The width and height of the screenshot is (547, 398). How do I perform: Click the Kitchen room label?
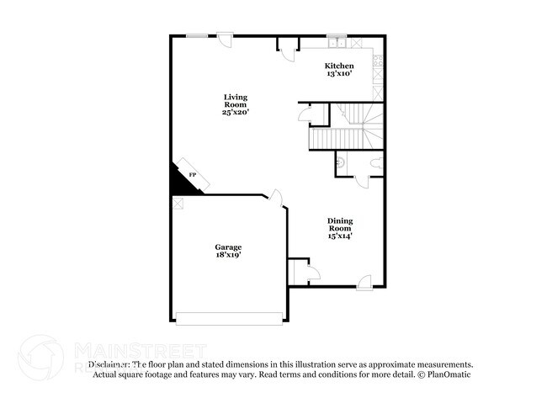[339, 66]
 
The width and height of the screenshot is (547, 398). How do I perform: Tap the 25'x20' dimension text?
[236, 111]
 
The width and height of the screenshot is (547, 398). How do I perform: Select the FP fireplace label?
[192, 175]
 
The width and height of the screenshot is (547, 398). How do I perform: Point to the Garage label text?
[227, 247]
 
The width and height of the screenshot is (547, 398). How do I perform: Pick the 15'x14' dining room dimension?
[340, 236]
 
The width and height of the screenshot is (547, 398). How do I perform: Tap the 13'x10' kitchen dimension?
[339, 74]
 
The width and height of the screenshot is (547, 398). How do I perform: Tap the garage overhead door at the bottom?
[229, 318]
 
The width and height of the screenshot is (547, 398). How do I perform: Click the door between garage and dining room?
[276, 199]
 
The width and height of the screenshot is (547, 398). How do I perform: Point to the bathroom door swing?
[359, 179]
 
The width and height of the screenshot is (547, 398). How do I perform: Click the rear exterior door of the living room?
[225, 37]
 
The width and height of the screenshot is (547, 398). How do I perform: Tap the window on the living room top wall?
[198, 34]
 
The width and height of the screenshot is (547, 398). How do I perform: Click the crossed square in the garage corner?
[178, 202]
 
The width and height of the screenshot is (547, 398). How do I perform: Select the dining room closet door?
[312, 270]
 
